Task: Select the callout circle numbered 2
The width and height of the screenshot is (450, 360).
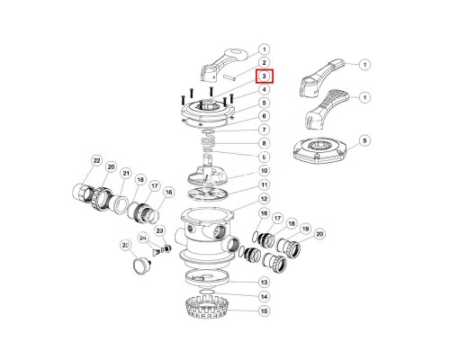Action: point(265,62)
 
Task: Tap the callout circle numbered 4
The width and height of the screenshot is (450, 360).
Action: point(265,89)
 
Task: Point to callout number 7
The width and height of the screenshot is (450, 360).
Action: point(265,130)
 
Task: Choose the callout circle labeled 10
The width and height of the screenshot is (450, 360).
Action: point(265,170)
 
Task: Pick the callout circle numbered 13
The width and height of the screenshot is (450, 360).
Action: point(265,282)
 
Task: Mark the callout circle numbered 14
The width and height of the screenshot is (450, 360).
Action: point(265,296)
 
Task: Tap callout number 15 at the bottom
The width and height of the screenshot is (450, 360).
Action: point(265,311)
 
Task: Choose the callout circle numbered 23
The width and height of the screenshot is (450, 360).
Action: point(162,230)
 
